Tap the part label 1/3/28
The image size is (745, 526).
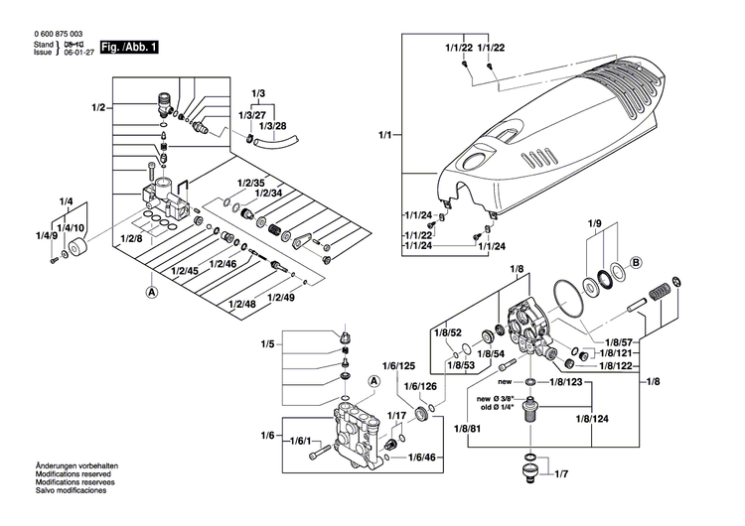pos(273,128)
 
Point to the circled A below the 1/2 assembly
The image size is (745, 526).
pos(152,292)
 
